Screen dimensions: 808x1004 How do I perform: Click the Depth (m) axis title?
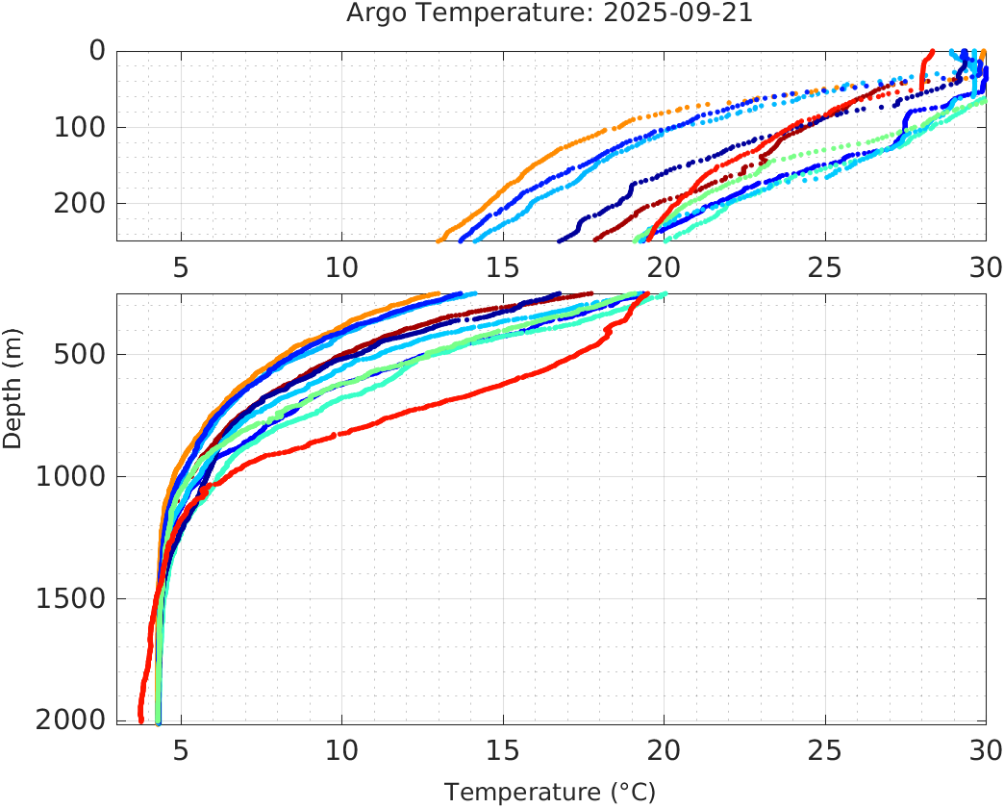(x=13, y=387)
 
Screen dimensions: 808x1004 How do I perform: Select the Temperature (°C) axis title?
(x=550, y=792)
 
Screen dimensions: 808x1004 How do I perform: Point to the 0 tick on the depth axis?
(x=97, y=51)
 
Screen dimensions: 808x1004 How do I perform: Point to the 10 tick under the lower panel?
(x=341, y=749)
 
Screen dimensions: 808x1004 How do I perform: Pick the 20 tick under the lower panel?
(x=664, y=749)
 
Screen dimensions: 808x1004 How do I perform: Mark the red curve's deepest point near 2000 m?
(x=140, y=720)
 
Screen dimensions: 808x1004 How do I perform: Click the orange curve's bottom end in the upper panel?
(x=439, y=240)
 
